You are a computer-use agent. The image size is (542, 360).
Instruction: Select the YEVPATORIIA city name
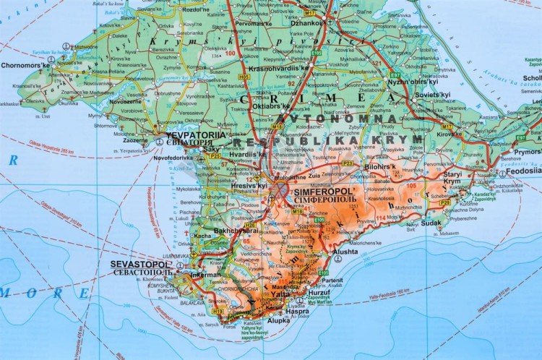[x=192, y=135]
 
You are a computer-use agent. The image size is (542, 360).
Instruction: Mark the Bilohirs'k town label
[x=381, y=166]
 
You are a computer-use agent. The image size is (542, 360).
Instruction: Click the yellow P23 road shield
[x=348, y=163]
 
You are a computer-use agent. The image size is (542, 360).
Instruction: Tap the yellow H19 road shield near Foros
[x=218, y=310]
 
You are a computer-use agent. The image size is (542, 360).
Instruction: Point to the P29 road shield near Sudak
[x=445, y=203]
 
